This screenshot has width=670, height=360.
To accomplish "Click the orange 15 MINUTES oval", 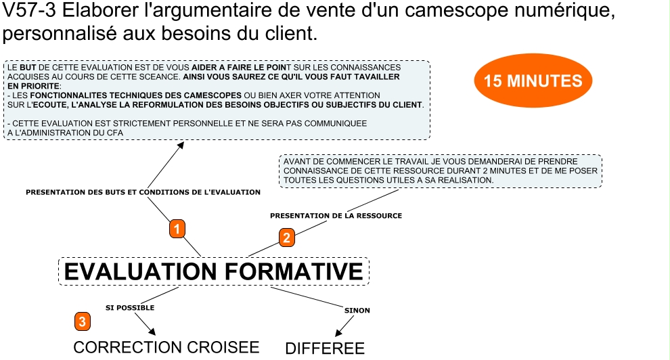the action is [x=533, y=81].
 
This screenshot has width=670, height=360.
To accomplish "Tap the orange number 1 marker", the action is [x=177, y=229].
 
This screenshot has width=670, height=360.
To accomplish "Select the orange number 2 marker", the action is [x=287, y=238].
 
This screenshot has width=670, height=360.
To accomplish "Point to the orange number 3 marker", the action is [x=83, y=321].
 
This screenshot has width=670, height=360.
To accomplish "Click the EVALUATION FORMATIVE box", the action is [x=214, y=271].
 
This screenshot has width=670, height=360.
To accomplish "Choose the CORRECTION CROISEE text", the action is [x=166, y=347].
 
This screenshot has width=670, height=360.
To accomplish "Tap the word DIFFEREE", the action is [x=325, y=348].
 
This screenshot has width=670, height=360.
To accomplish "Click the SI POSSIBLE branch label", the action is [x=130, y=307].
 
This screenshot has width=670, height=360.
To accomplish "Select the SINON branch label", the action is [x=357, y=311].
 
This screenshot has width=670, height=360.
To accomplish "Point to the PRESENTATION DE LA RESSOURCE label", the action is [x=336, y=216].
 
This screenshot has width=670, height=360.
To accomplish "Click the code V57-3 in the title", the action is [x=29, y=10].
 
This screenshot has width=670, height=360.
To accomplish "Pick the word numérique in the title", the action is [x=564, y=11].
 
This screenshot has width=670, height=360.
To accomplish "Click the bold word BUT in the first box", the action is [x=28, y=68].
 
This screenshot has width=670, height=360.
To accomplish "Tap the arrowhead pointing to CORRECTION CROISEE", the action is [x=152, y=332].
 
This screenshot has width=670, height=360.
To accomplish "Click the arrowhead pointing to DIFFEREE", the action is [x=338, y=333].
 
